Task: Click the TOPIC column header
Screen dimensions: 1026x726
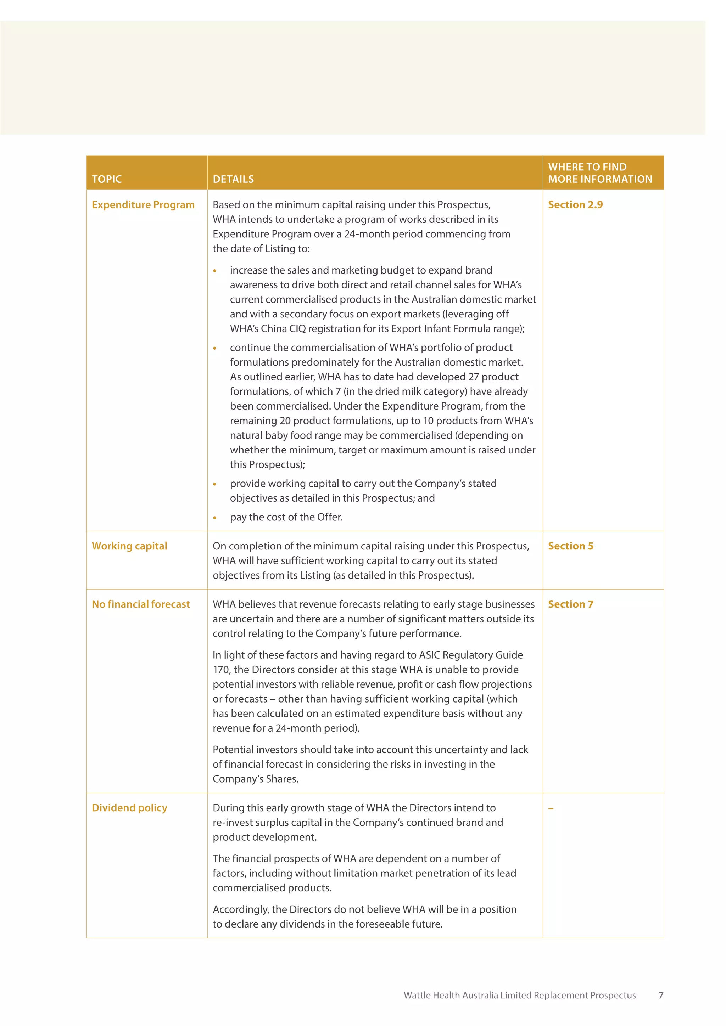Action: pyautogui.click(x=106, y=179)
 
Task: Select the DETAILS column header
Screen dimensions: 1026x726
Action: pyautogui.click(x=233, y=179)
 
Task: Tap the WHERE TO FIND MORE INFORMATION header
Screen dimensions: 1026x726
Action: pyautogui.click(x=600, y=173)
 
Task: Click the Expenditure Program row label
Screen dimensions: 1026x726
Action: pyautogui.click(x=143, y=205)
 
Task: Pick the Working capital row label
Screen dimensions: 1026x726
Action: pyautogui.click(x=129, y=546)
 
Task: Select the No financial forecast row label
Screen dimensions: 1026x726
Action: pyautogui.click(x=141, y=604)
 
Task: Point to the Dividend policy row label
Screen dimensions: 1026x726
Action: pyautogui.click(x=129, y=808)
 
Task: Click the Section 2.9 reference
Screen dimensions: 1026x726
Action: pyautogui.click(x=575, y=205)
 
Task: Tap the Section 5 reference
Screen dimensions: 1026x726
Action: pyautogui.click(x=570, y=546)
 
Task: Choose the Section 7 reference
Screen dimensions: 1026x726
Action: pyautogui.click(x=570, y=604)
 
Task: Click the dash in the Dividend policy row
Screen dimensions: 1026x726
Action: pyautogui.click(x=551, y=808)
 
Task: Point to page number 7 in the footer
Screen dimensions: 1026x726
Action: pyautogui.click(x=661, y=995)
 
